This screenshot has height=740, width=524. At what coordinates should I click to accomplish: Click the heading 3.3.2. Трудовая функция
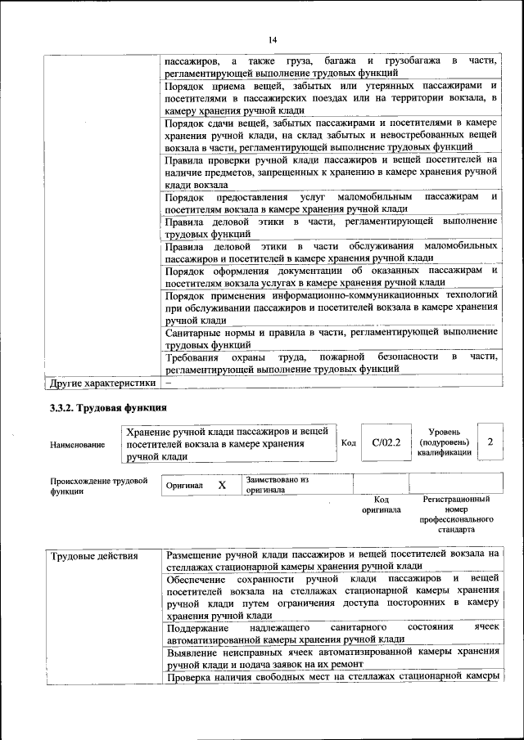(108, 407)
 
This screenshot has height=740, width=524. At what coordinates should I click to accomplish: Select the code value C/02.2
(385, 443)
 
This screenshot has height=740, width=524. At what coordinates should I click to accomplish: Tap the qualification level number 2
(490, 442)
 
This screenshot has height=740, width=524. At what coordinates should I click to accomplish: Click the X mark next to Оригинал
(222, 485)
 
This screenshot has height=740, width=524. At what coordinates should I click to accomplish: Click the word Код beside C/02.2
(348, 443)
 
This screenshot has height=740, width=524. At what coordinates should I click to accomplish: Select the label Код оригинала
(381, 504)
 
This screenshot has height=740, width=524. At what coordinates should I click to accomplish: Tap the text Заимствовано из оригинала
(277, 485)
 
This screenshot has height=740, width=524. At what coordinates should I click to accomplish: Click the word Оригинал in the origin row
(184, 486)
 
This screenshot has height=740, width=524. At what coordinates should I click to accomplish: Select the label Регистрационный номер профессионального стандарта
(456, 514)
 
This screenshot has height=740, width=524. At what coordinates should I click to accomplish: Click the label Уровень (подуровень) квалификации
(444, 442)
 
